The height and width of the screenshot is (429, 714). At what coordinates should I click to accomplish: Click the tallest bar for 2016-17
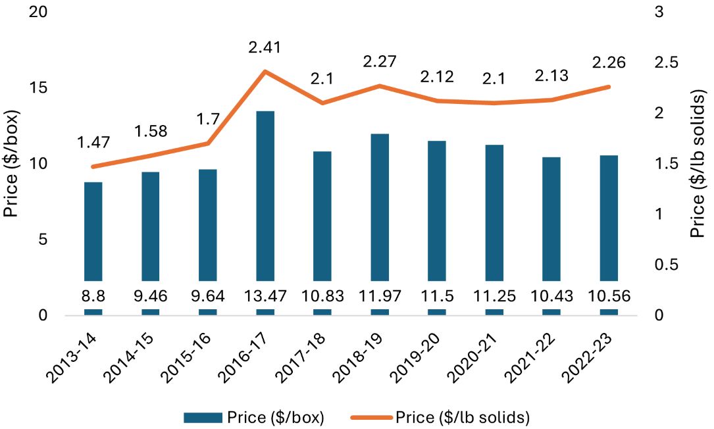[x=265, y=197]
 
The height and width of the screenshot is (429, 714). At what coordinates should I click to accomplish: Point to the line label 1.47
[x=93, y=141]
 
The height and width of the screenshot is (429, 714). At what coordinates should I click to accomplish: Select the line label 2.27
[x=380, y=62]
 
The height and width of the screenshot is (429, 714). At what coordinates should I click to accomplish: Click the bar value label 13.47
[x=265, y=296]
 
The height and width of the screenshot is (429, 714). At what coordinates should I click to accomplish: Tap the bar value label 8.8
[x=93, y=296]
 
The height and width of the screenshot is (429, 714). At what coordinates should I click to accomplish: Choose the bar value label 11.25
[x=494, y=296]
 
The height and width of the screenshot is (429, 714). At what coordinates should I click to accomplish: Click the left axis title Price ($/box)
[x=12, y=164]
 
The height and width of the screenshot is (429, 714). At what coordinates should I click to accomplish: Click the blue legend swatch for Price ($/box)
[x=203, y=417]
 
